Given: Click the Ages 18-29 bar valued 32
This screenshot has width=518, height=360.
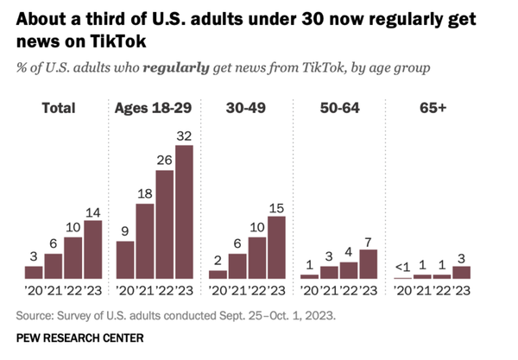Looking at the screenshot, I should click(184, 212).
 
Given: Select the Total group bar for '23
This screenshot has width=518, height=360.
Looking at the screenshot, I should click(92, 249).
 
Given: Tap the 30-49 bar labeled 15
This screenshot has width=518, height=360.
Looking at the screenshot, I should click(276, 247).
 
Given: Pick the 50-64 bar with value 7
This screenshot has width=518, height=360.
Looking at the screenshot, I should click(368, 263).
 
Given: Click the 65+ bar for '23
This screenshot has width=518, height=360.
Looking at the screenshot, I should click(461, 271).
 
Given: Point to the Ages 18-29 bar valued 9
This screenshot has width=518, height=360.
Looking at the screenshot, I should click(125, 259).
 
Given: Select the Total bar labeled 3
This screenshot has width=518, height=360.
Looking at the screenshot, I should click(34, 271).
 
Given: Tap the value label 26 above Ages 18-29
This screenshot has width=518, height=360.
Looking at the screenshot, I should click(164, 160).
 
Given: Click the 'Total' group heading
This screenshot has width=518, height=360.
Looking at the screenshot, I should click(58, 108).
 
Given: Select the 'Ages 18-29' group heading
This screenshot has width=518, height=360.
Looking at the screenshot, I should click(155, 108).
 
